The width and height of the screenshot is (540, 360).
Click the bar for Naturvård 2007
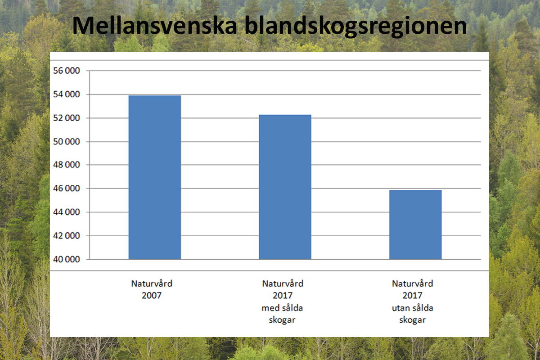point(154,177)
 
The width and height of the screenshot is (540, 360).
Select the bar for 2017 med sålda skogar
point(285,187)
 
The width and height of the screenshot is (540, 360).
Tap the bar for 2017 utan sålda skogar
point(415,225)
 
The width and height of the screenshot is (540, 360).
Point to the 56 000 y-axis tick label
point(67,71)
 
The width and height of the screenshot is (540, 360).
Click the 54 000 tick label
point(67,94)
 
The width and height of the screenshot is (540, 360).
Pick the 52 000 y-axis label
point(67,118)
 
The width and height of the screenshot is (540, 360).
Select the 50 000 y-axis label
point(67,142)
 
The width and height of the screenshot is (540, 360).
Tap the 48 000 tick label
point(67,165)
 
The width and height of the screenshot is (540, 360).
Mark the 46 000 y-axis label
point(67,189)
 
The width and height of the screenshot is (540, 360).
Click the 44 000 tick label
point(67,212)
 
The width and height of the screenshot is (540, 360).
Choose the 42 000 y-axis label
point(67,236)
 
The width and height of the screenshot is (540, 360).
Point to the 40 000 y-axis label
point(67,260)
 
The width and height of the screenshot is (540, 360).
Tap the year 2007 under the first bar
point(152,296)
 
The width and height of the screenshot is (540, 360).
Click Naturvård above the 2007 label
point(152,284)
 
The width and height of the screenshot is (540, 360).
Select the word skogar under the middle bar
point(282,320)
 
